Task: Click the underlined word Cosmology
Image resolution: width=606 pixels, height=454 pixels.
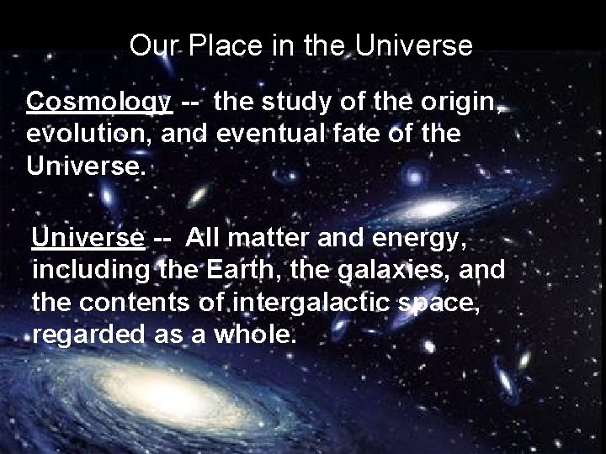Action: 99,102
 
